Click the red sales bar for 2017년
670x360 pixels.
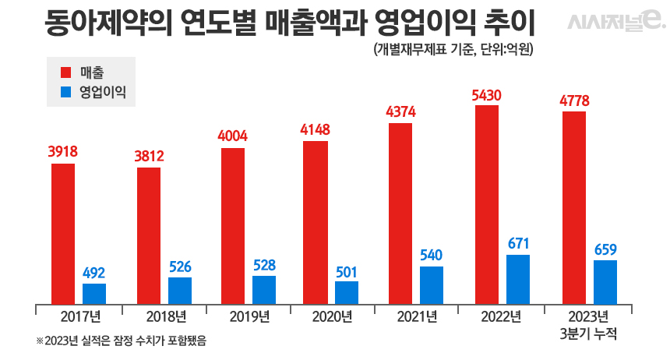pos(63,234)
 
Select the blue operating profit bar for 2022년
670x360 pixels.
pos(518,279)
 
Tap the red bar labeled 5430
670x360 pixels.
pos(486,204)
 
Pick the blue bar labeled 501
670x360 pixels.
pos(347,292)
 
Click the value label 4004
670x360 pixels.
pos(233,136)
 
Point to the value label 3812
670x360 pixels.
pos(149,156)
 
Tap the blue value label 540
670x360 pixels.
pos(431,255)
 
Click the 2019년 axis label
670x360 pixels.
pos(249,316)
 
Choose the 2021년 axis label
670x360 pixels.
pos(418,316)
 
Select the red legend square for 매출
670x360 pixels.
pos(66,72)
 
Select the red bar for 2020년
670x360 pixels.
pos(316,222)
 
